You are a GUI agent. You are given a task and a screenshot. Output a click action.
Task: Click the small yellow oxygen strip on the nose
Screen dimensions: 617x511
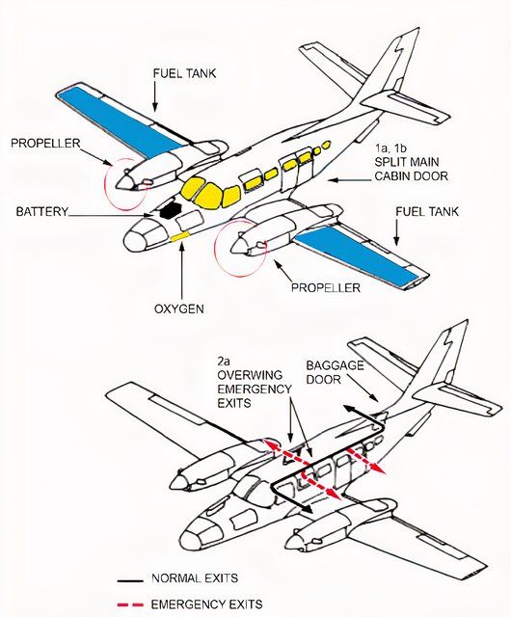pyautogui.click(x=180, y=234)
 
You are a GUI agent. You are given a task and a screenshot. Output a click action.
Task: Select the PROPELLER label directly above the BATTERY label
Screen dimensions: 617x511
pyautogui.click(x=47, y=143)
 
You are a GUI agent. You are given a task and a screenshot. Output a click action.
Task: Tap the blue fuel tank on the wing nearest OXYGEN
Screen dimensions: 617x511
pyautogui.click(x=366, y=255)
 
